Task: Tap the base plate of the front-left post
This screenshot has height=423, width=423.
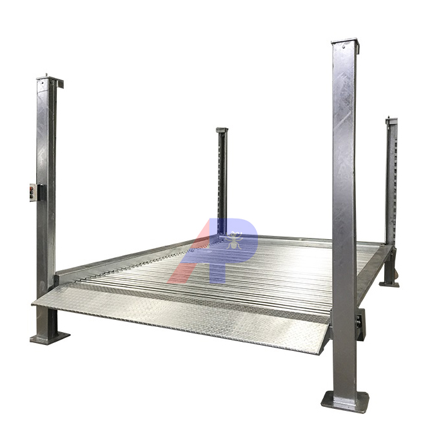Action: tap(49, 337)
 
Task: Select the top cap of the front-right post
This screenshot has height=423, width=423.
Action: tap(344, 44)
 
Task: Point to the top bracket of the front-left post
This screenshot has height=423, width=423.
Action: tap(49, 82)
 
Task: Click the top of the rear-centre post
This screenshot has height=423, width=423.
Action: tap(222, 130)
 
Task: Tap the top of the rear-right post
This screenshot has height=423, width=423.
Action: tap(391, 121)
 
